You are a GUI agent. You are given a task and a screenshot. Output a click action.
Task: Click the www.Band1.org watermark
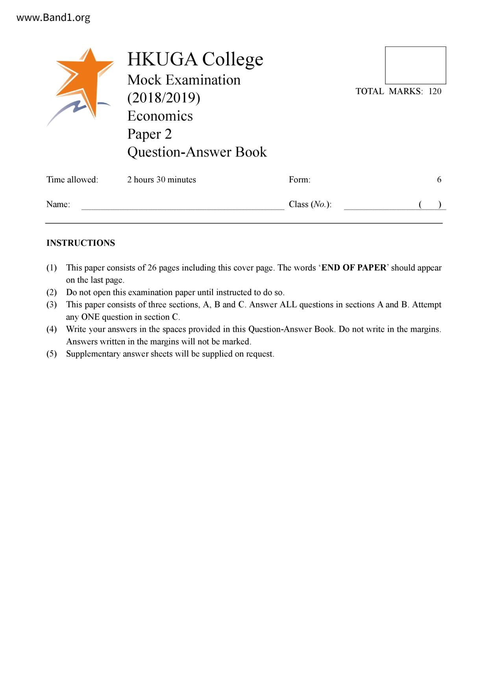(x=53, y=18)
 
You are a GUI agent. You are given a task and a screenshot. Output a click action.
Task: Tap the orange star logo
(x=85, y=81)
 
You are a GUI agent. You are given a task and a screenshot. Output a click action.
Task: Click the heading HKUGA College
(x=195, y=59)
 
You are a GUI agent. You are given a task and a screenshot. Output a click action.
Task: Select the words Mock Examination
(x=184, y=80)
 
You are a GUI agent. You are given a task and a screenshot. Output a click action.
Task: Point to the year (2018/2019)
(x=164, y=98)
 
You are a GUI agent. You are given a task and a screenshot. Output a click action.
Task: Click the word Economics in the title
(x=160, y=116)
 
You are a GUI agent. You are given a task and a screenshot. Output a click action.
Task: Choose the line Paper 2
(x=150, y=134)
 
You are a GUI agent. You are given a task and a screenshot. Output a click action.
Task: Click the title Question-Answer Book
(x=197, y=152)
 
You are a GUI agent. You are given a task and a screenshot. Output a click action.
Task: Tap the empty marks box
(x=415, y=65)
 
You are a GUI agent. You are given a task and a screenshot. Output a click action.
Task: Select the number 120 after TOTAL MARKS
(x=435, y=91)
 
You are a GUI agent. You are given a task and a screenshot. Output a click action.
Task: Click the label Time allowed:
(x=72, y=180)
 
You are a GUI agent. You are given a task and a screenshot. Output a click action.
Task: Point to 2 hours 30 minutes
(x=161, y=180)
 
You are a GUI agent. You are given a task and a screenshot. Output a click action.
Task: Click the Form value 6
(x=439, y=180)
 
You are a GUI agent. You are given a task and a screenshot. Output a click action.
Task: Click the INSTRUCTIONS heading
(x=81, y=243)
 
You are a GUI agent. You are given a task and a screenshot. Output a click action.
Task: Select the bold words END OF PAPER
(x=354, y=268)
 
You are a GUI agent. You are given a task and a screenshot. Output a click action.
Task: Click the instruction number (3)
(x=52, y=305)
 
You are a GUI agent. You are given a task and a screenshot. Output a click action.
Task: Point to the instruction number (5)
(x=52, y=354)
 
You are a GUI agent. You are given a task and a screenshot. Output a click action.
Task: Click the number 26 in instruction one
(x=152, y=268)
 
